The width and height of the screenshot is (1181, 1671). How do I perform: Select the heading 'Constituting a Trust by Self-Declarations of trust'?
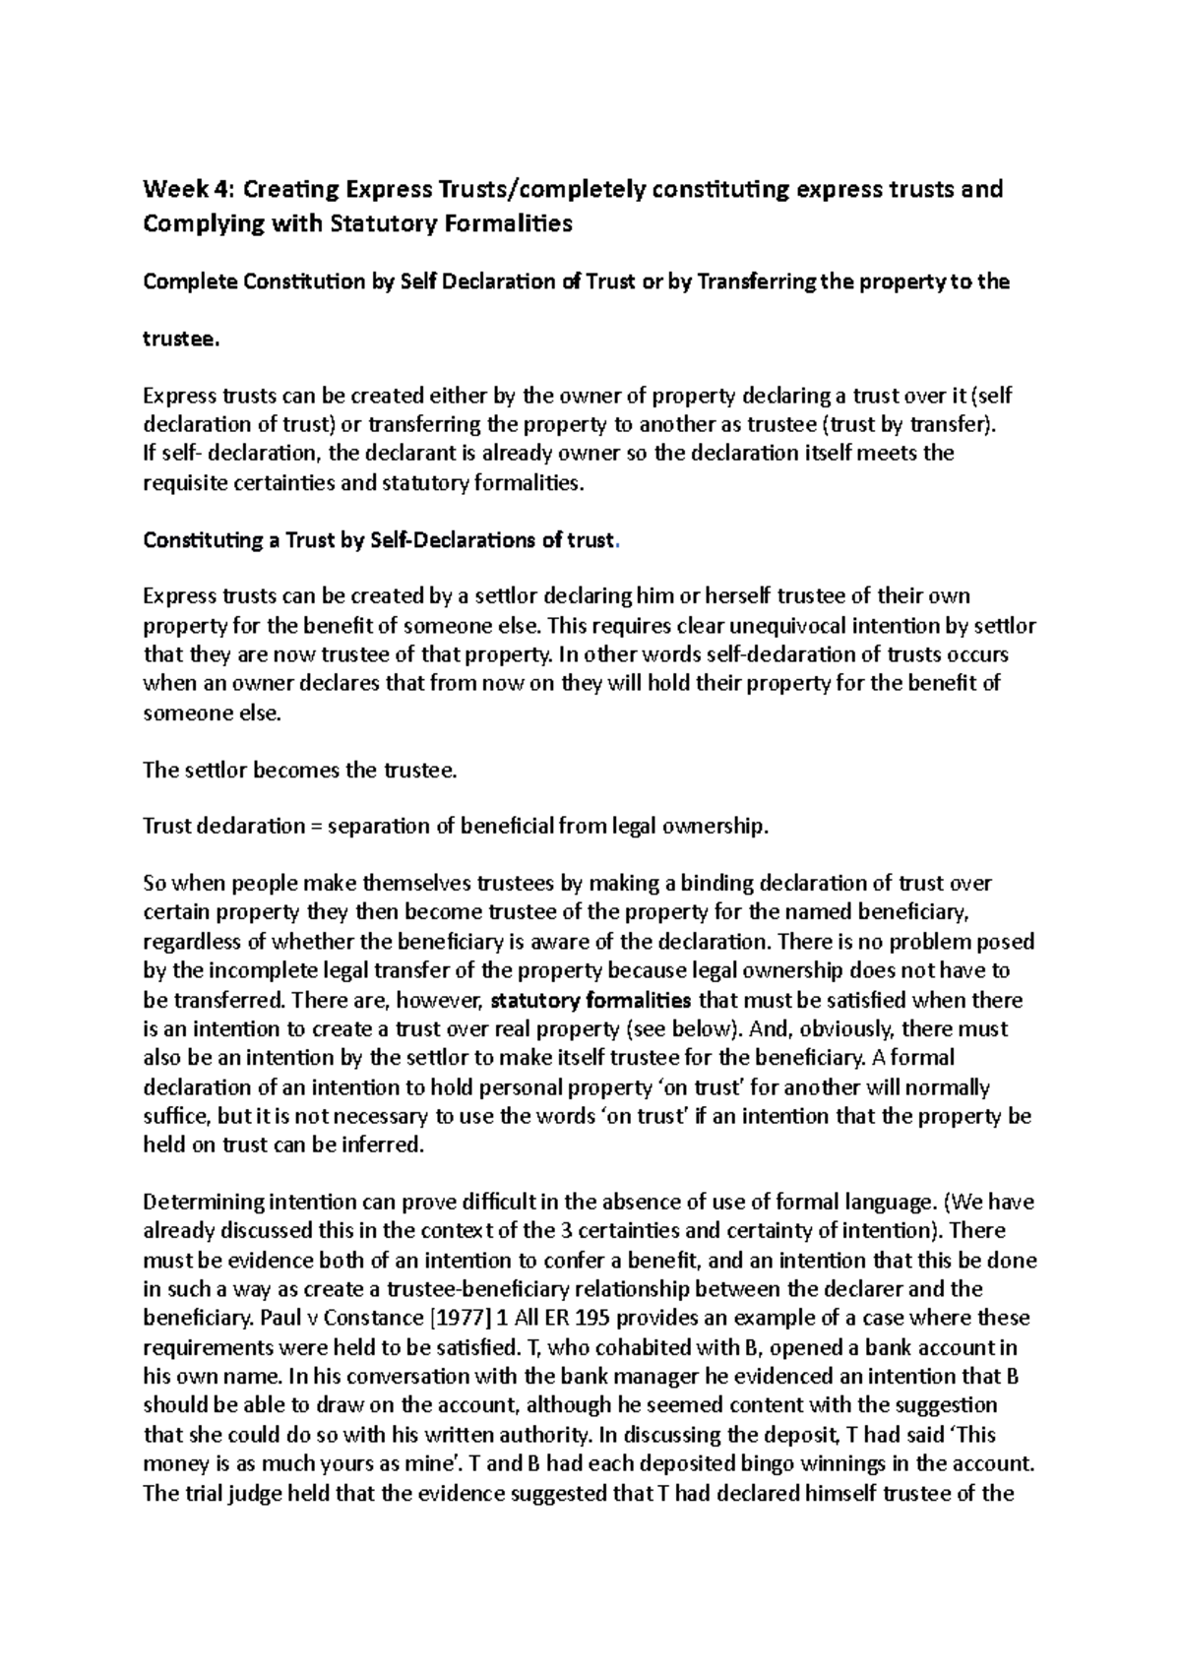[379, 540]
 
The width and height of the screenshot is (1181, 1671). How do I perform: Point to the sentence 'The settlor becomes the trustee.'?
[300, 771]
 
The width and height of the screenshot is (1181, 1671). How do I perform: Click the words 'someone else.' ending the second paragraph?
[212, 713]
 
